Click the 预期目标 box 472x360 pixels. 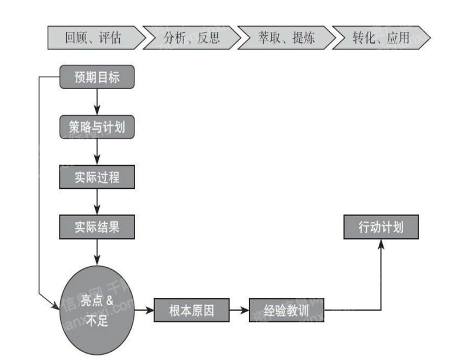(x=97, y=77)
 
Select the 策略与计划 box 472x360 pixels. (x=97, y=126)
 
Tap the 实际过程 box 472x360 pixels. (x=97, y=176)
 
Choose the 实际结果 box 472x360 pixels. (x=97, y=227)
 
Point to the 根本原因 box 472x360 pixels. (x=191, y=310)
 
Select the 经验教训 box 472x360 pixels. (x=287, y=310)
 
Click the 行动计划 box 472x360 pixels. (x=381, y=227)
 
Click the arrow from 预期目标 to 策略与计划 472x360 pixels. (x=97, y=102)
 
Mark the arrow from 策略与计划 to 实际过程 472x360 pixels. (x=97, y=152)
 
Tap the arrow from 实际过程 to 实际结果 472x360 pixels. (x=97, y=202)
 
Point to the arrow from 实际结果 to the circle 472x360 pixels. (x=97, y=252)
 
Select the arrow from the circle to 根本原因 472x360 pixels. (x=143, y=310)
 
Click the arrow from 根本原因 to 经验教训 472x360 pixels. (x=239, y=310)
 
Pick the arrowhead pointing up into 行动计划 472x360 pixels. (x=381, y=244)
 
